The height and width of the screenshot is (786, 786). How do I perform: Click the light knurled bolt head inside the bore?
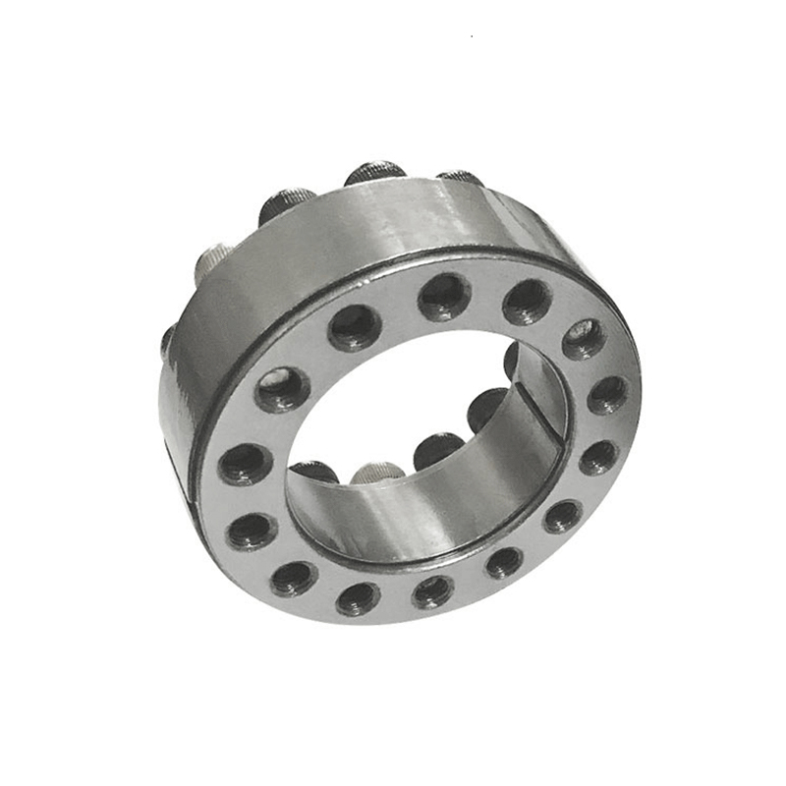point(378,473)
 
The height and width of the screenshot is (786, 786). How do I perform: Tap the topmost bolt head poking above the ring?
point(374,173)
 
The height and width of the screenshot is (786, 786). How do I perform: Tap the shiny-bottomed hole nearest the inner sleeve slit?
point(584,338)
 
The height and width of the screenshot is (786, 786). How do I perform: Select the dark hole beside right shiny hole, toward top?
point(527,300)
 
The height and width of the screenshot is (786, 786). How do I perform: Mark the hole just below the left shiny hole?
point(243,462)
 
